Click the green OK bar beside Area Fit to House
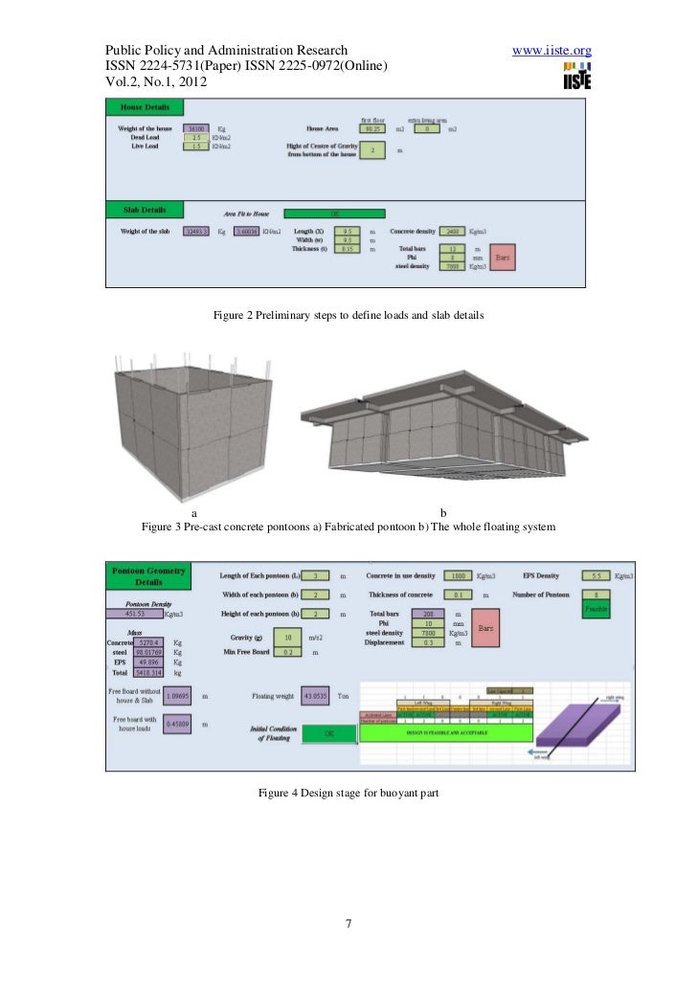click(335, 214)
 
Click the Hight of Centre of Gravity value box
click(371, 149)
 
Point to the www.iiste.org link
click(552, 50)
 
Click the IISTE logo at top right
click(577, 76)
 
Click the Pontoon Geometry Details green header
click(148, 574)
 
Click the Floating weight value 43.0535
click(316, 696)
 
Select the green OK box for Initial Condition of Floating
click(328, 733)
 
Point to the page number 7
click(348, 925)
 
